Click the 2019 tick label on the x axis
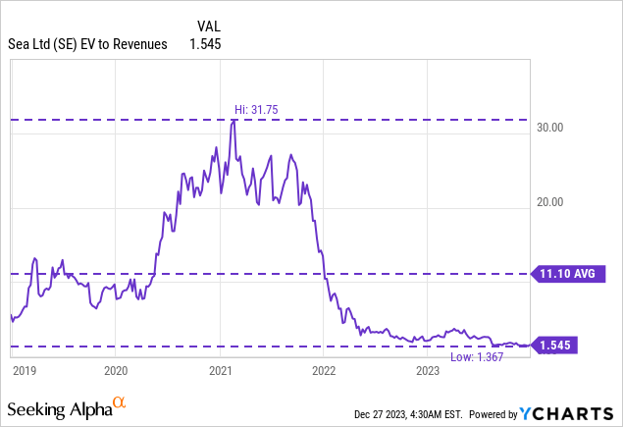point(23,370)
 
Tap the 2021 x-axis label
point(220,370)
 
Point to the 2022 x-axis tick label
point(324,370)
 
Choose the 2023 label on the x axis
point(428,370)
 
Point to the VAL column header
point(202,27)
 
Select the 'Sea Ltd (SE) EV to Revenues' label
point(87,44)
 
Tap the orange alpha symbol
point(119,402)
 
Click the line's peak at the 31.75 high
point(233,120)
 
